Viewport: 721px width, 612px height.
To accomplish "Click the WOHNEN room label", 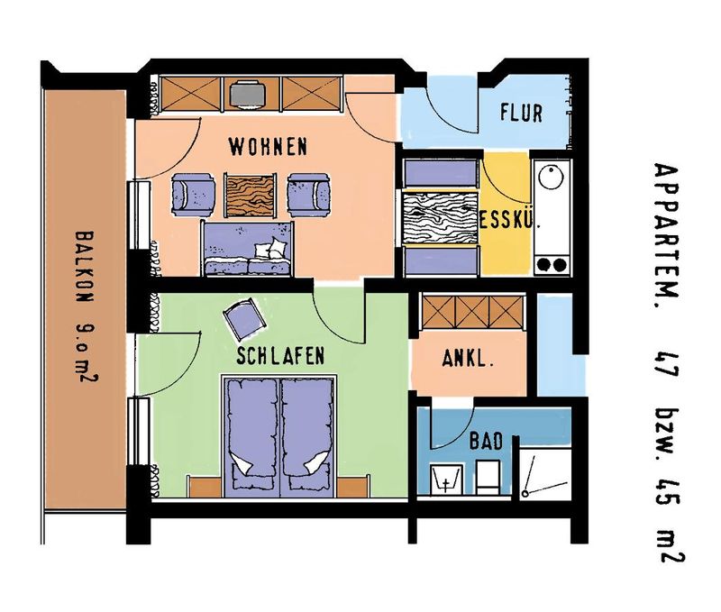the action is tap(268, 147).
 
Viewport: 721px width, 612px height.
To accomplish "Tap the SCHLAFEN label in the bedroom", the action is tap(280, 355).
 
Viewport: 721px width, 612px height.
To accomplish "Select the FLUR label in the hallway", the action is tap(522, 113).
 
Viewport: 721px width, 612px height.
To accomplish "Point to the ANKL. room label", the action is tap(468, 358).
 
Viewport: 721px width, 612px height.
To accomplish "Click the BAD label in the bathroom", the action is tap(486, 441).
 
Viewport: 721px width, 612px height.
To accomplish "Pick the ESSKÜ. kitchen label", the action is tap(509, 220).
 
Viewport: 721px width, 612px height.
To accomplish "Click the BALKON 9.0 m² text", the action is tap(85, 307).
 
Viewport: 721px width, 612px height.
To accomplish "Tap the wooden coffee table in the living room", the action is tap(251, 195).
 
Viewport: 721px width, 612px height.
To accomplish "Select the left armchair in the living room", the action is tap(193, 195).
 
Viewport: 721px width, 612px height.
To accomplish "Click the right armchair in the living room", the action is tap(309, 195).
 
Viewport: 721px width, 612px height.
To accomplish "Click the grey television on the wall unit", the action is tap(247, 94).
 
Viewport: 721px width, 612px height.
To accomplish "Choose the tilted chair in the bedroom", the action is tap(245, 318).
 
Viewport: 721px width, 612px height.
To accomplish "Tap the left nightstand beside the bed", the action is tap(205, 487).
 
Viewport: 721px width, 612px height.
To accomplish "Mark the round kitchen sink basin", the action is tap(551, 178).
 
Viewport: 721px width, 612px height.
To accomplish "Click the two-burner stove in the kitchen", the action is tap(552, 264).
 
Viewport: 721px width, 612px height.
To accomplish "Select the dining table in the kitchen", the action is tap(440, 217).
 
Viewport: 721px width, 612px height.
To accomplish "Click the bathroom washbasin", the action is tap(446, 480).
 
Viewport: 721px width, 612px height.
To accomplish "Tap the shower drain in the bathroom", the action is tap(525, 494).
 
